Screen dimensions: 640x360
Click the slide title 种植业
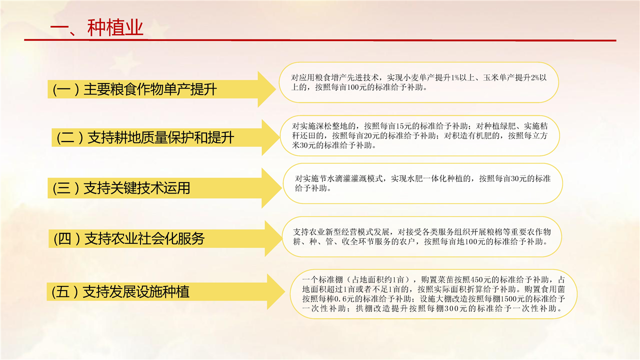pyautogui.click(x=115, y=27)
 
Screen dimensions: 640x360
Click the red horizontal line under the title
pyautogui.click(x=320, y=40)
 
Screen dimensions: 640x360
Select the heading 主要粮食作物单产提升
pyautogui.click(x=150, y=89)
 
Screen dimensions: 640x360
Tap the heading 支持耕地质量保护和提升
pyautogui.click(x=160, y=137)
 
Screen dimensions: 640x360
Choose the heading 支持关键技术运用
pyautogui.click(x=136, y=188)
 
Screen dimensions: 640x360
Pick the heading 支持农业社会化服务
pyautogui.click(x=144, y=238)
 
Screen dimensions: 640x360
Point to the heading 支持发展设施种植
pyautogui.click(x=135, y=291)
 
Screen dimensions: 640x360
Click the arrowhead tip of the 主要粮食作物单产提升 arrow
pyautogui.click(x=275, y=89)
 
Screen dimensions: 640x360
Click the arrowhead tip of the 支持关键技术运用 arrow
pyautogui.click(x=281, y=188)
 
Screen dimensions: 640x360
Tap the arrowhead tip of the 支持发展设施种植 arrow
pyautogui.click(x=285, y=291)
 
